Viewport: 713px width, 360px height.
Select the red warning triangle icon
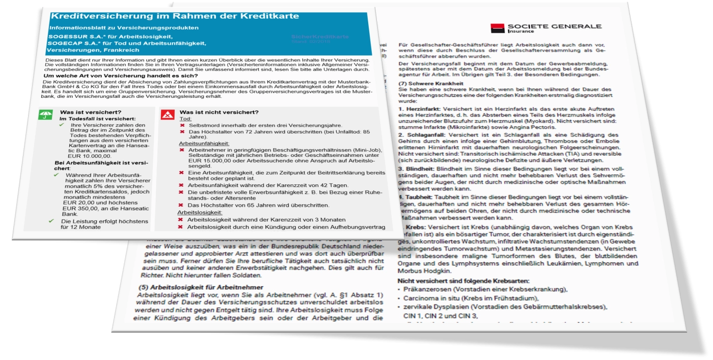click(x=166, y=115)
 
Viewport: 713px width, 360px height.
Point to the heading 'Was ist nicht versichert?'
click(x=216, y=113)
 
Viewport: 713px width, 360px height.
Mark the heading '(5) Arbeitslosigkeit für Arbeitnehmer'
click(x=201, y=287)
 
